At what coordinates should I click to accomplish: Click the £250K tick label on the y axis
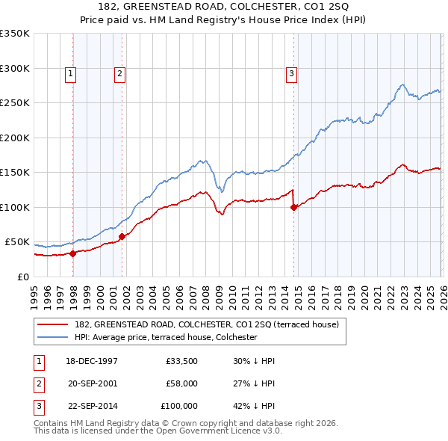(15, 103)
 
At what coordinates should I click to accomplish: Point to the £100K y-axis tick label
(15, 207)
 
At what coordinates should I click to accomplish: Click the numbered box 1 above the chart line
(69, 73)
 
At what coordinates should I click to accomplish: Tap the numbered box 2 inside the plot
(119, 73)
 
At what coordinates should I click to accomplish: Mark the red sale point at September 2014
(293, 207)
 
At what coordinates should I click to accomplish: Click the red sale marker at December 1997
(73, 253)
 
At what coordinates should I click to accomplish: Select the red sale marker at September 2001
(122, 236)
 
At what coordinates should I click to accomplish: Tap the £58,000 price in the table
(181, 383)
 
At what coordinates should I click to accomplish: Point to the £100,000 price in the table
(179, 406)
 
